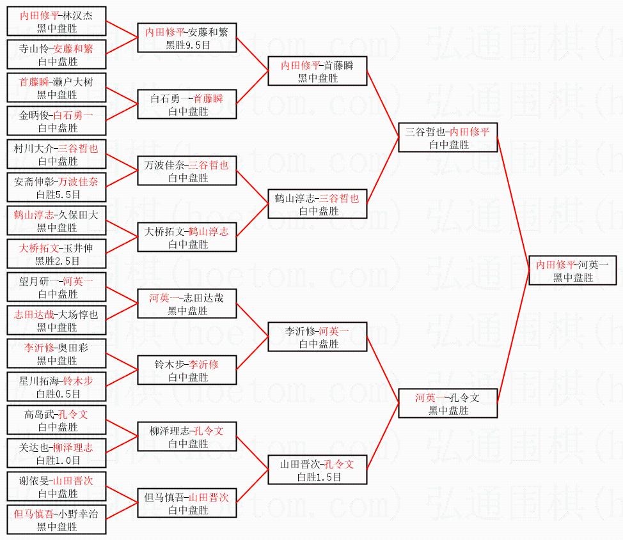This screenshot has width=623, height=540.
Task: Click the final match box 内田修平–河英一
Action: click(572, 270)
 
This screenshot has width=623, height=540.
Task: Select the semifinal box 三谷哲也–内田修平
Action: click(447, 138)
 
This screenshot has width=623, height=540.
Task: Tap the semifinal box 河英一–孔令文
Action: click(447, 404)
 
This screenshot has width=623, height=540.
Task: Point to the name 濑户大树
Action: click(72, 82)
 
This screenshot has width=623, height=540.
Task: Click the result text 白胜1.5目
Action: click(319, 477)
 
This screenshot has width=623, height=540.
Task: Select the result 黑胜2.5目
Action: click(57, 261)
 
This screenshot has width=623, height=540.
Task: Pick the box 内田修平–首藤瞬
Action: click(317, 71)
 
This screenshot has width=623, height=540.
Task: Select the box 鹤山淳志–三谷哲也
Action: click(317, 204)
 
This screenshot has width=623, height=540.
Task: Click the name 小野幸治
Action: click(77, 514)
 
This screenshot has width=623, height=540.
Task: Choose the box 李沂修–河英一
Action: click(317, 337)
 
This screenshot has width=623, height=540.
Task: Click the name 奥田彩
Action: click(72, 348)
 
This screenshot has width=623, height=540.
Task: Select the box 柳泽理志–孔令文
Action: click(187, 436)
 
